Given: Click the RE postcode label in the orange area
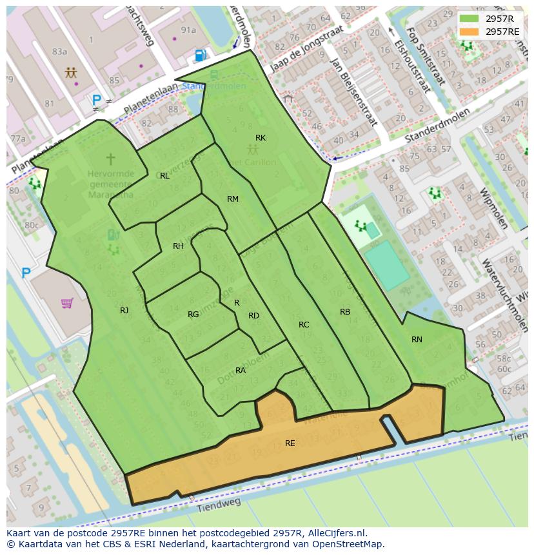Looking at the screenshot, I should point(290,443).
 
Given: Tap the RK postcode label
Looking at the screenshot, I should point(261,138).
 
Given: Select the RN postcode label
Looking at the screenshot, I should point(417,339).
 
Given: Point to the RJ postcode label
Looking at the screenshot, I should point(124,311).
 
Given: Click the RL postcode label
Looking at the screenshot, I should point(164,176).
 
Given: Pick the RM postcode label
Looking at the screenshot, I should point(233,199).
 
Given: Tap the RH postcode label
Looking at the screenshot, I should point(178,246).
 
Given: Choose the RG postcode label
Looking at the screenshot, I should point(193,315).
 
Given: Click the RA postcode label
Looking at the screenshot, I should point(241,371).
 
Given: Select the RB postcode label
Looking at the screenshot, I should point(345,312).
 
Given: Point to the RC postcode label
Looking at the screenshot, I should point(304,325).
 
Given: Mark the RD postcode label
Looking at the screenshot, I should point(253,316).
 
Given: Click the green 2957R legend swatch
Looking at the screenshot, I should point(469,19).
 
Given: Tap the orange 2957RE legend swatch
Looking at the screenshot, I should point(469,32).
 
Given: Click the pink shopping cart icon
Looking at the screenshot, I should point(67,302).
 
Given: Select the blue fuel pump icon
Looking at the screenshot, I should point(200,56).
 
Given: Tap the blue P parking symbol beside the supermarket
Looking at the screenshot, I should point(26,273).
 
